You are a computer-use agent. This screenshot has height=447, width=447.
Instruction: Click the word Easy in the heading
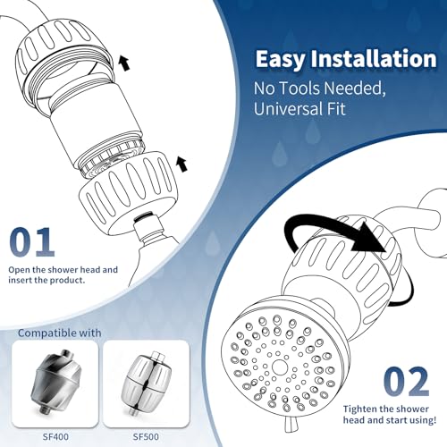pos(280,60)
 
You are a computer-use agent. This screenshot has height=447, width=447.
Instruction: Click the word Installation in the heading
pos(374,58)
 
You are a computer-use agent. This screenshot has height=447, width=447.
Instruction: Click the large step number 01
pos(32,242)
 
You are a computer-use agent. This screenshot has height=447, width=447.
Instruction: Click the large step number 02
pos(406,382)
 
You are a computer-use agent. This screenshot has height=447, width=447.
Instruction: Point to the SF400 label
pos(55,437)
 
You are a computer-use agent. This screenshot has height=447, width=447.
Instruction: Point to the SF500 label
pos(146,437)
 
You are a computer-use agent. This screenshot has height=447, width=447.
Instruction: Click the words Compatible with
pos(60,333)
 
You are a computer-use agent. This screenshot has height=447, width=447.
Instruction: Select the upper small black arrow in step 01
pos(124,63)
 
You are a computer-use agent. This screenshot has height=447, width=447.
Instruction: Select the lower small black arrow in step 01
pos(181,164)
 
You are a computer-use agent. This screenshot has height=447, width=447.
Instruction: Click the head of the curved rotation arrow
pos(368,239)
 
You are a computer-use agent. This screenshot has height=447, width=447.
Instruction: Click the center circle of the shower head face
pos(279,367)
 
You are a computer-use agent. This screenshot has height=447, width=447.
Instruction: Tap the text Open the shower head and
pos(63,270)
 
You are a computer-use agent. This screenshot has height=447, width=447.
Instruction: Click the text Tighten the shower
pos(385,409)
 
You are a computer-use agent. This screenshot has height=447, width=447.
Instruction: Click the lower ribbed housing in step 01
pos(128,190)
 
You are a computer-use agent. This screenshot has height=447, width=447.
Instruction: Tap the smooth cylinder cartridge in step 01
pos(96,125)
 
